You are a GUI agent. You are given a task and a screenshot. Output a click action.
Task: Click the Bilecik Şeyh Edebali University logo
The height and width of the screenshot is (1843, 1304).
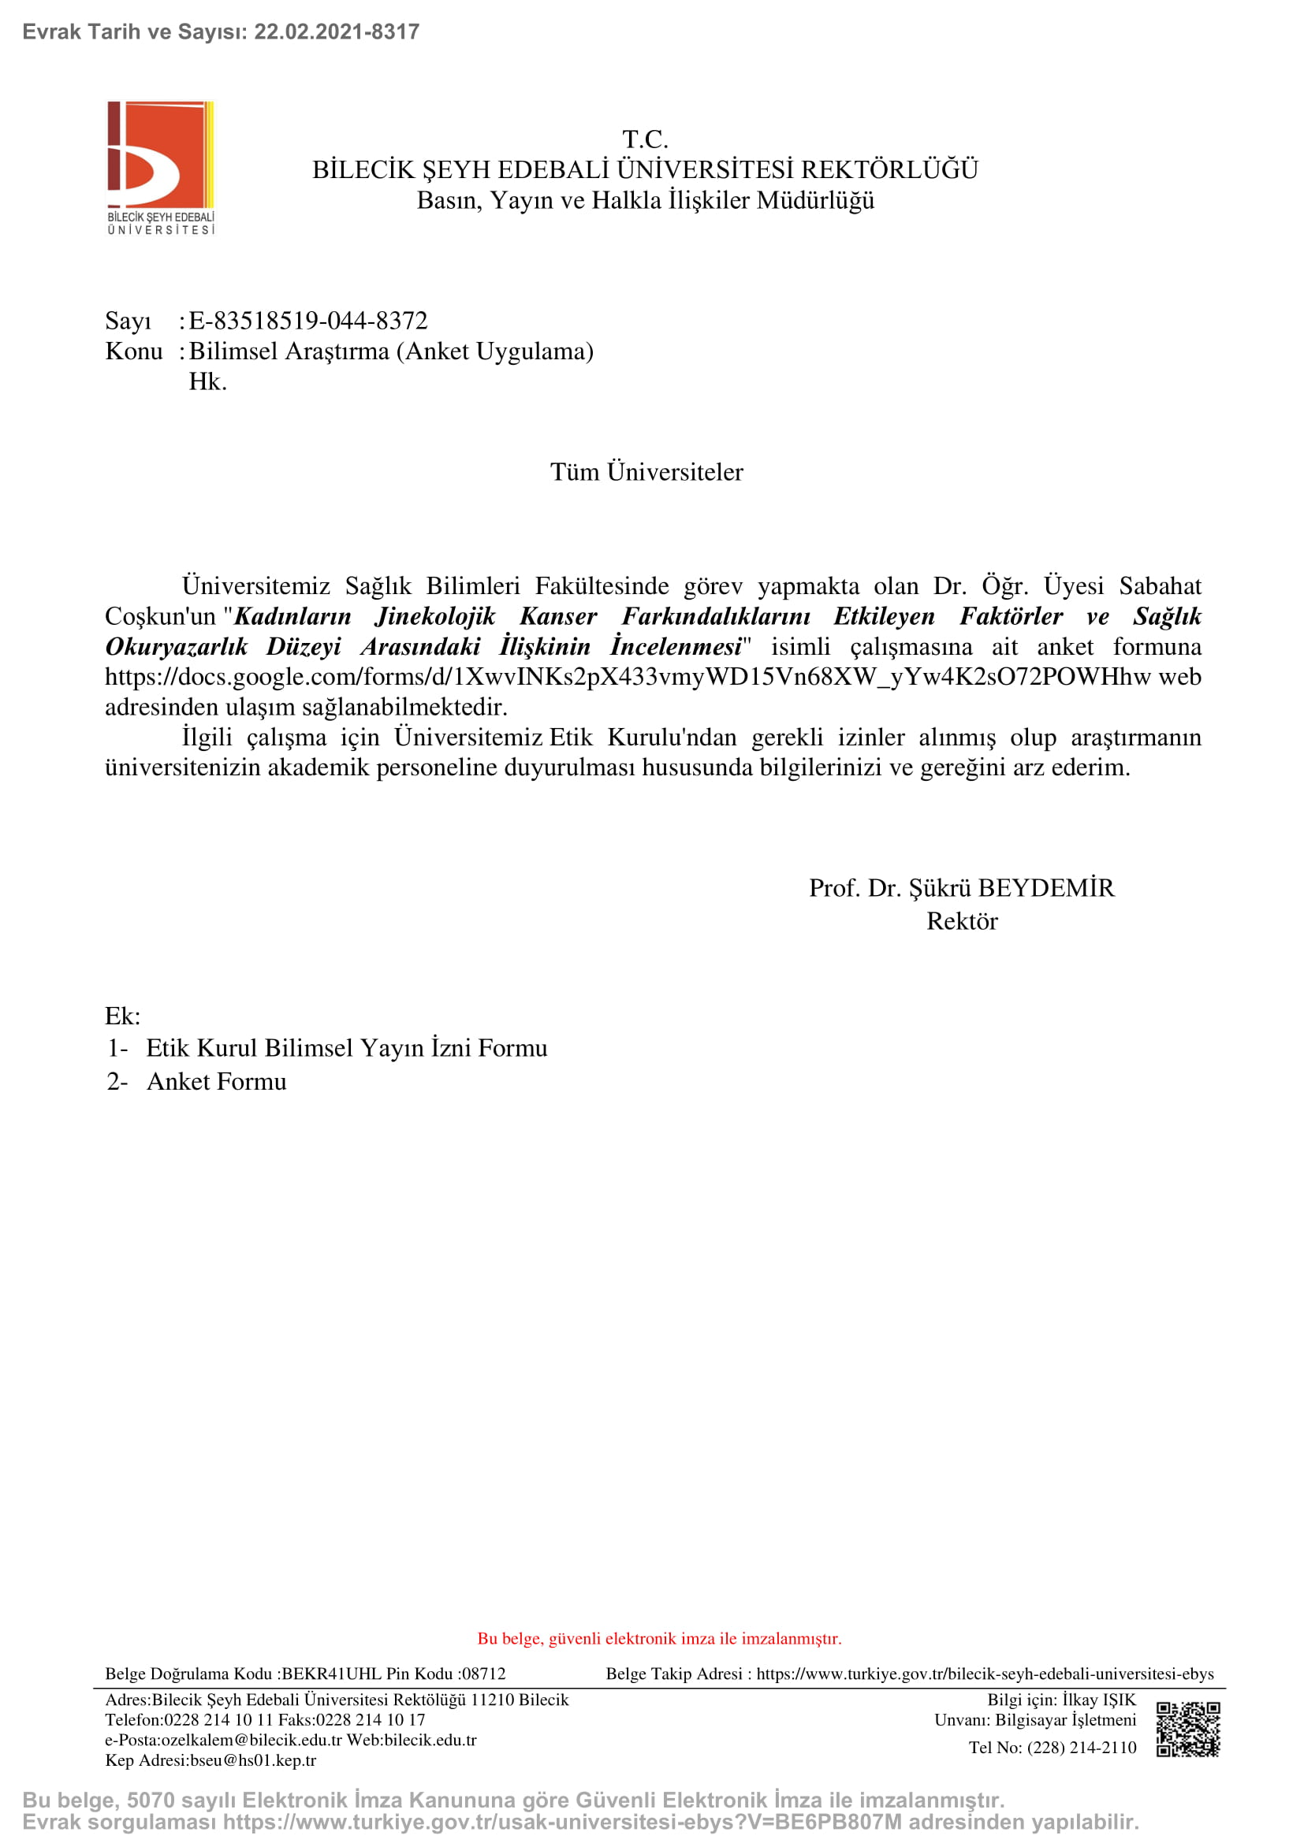161,168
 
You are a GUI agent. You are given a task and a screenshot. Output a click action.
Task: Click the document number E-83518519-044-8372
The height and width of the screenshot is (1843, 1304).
308,321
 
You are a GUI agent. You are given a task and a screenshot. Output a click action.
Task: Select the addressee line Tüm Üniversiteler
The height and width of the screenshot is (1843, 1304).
646,472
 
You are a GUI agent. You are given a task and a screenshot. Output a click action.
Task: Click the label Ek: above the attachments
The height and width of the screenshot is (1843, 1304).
123,1016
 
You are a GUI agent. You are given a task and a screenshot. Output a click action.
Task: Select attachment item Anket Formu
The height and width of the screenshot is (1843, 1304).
216,1082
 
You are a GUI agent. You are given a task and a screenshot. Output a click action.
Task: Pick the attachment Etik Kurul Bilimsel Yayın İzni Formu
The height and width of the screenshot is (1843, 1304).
346,1048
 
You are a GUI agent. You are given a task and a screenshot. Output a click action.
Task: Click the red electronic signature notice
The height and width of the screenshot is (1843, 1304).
659,1638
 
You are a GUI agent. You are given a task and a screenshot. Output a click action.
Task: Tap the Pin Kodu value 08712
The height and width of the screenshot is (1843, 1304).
483,1674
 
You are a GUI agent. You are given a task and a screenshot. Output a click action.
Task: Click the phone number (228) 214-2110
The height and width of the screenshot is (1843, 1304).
1082,1748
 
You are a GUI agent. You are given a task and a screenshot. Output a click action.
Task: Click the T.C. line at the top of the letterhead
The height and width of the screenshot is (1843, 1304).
645,139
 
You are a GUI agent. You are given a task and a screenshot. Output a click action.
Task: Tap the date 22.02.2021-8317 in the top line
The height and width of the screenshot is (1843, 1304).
337,32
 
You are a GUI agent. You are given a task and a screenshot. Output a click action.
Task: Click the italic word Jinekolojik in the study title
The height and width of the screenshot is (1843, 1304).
435,616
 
